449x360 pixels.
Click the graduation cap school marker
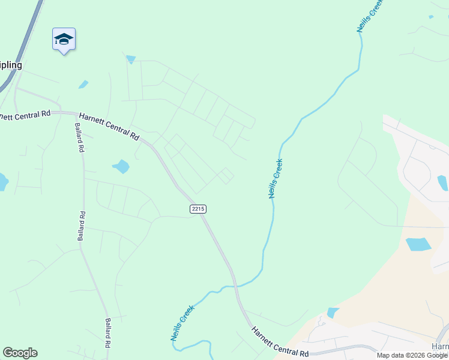tap(64, 40)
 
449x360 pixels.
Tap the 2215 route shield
tap(197, 208)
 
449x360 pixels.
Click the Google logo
tap(20, 353)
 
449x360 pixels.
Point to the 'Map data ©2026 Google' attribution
tap(412, 355)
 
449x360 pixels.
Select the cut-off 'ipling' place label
tap(11, 65)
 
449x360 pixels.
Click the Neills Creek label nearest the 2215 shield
tap(276, 178)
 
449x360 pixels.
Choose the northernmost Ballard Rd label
tap(79, 139)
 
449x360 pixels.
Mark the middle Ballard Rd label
tap(81, 226)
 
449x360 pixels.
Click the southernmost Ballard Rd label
tap(109, 333)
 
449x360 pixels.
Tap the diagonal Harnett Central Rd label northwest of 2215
tap(109, 125)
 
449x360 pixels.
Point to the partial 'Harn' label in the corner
tap(440, 347)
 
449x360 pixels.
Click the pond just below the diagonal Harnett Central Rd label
tap(121, 166)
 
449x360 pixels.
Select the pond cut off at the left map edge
tap(2, 181)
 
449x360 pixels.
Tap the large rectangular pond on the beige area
tap(418, 244)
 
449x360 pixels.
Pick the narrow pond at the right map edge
tap(443, 182)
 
